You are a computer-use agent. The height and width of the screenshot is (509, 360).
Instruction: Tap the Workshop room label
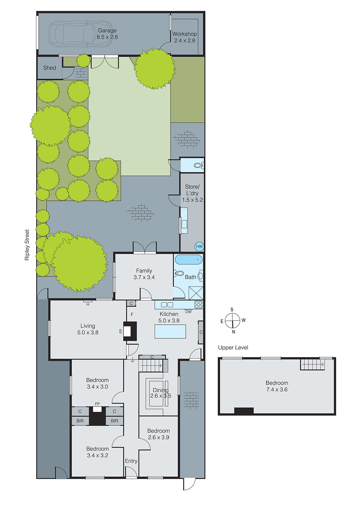(184, 34)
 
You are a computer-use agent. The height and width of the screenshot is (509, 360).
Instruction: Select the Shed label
(49, 68)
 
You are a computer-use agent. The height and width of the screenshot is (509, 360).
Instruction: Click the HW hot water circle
(199, 247)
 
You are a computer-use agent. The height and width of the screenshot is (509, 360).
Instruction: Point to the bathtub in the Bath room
(188, 260)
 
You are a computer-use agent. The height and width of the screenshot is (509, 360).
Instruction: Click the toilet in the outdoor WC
(198, 165)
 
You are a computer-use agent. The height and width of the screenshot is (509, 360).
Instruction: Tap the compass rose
(233, 320)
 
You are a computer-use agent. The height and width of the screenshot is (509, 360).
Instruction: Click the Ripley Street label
(27, 245)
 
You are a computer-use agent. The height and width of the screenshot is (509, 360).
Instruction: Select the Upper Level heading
(233, 347)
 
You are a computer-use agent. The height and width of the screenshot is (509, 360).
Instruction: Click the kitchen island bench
(170, 331)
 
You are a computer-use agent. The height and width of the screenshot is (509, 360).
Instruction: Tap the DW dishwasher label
(188, 312)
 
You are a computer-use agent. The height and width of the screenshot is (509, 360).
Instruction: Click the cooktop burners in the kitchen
(198, 304)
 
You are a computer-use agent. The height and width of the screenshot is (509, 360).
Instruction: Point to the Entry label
(131, 461)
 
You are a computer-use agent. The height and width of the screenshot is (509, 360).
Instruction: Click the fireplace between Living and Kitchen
(130, 331)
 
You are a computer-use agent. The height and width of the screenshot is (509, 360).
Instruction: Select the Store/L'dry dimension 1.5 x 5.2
(192, 200)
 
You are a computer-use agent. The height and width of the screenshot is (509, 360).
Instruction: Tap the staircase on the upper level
(313, 364)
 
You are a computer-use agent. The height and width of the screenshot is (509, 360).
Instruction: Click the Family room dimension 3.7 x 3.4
(144, 277)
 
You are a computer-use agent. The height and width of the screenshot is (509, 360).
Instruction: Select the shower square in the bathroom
(195, 293)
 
